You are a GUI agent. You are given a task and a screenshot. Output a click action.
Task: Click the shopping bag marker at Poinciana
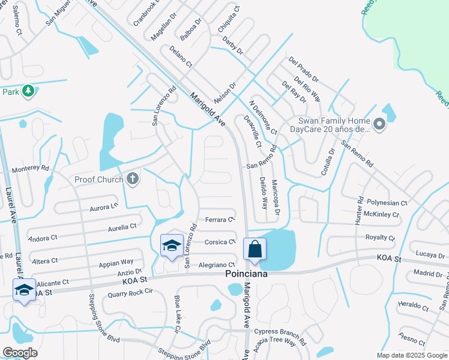(x=255, y=248)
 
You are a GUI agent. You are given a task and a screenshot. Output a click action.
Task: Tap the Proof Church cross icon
(x=133, y=179)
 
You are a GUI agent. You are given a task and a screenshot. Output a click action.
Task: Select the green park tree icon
(x=28, y=91)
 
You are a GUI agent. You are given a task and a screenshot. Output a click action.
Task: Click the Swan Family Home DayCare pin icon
(x=379, y=125)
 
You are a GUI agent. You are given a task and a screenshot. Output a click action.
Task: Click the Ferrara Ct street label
(x=219, y=220)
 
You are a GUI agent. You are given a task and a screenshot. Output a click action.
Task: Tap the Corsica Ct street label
(x=220, y=242)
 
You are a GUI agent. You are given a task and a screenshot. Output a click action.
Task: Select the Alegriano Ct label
(x=216, y=265)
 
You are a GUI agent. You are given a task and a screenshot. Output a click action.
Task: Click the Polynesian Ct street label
(x=387, y=203)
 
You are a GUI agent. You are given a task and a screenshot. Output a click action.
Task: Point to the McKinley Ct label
(x=382, y=214)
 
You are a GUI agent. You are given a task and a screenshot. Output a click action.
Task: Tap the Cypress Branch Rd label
(x=280, y=331)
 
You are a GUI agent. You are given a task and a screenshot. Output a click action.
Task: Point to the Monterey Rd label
(x=30, y=169)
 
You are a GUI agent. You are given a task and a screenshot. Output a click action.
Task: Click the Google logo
(x=19, y=353)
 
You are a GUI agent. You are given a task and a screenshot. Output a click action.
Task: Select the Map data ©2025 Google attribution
(x=411, y=355)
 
